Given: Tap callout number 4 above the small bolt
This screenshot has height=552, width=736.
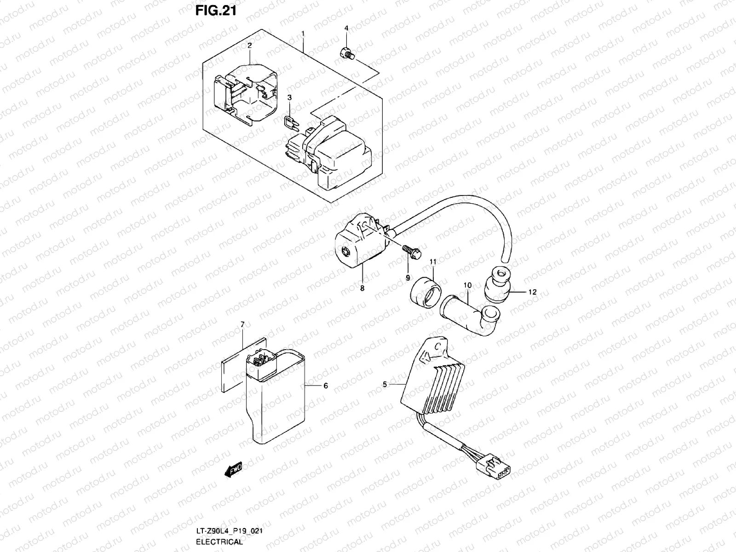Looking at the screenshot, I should click(346, 29).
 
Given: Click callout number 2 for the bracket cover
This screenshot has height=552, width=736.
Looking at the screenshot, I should click(249, 46).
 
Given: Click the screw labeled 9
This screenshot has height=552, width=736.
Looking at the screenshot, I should click(411, 252).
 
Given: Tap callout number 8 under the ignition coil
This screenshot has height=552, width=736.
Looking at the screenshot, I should click(362, 288).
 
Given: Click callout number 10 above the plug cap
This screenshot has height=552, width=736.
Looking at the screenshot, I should click(467, 286).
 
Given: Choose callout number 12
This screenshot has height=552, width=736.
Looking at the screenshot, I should click(532, 292).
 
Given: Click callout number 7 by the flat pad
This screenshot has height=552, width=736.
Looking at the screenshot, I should click(242, 325).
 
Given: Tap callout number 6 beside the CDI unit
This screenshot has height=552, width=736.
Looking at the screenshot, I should click(326, 386).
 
